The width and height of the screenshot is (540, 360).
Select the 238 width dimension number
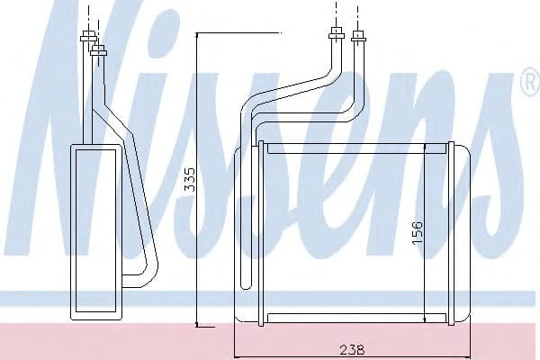coord(352,349)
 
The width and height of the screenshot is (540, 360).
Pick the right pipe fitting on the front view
coord(359,37)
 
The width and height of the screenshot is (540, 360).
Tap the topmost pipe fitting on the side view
coord(88,38)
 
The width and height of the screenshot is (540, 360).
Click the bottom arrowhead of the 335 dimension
coord(196,321)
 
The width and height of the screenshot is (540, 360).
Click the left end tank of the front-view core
coord(245,232)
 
